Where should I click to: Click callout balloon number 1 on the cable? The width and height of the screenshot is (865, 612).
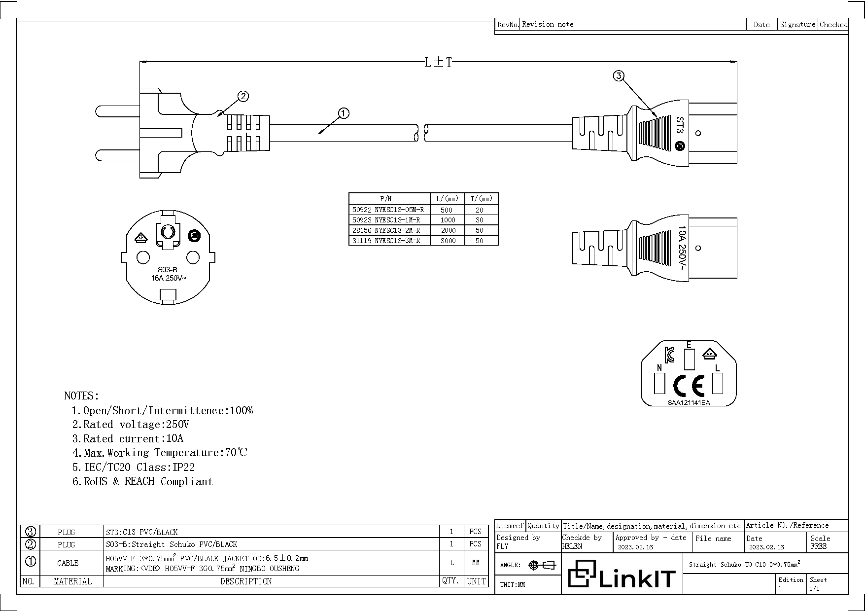click(x=344, y=113)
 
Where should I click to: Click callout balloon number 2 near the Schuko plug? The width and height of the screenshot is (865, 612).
click(x=243, y=96)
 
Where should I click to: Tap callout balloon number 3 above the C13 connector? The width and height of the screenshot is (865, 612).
click(x=619, y=75)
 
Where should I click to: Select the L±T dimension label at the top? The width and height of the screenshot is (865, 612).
click(x=438, y=62)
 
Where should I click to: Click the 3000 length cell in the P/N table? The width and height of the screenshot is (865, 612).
click(x=448, y=241)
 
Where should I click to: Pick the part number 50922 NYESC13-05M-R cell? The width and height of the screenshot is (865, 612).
click(x=388, y=210)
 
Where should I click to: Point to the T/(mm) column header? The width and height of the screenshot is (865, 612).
click(x=481, y=199)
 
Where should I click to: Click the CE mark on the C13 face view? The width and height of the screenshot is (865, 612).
click(x=689, y=386)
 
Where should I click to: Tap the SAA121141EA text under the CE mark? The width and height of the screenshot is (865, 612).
click(x=689, y=403)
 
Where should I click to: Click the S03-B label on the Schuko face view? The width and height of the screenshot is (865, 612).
click(x=168, y=270)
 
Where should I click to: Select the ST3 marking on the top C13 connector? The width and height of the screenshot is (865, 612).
click(x=680, y=125)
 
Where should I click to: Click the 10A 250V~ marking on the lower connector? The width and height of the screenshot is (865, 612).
click(x=682, y=248)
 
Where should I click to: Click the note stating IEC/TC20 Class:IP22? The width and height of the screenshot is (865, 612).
click(x=134, y=467)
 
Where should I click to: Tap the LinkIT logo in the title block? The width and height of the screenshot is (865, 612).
click(x=622, y=575)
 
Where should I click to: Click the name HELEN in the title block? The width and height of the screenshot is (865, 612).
click(x=572, y=546)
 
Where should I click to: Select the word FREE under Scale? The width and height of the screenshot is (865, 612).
click(x=818, y=546)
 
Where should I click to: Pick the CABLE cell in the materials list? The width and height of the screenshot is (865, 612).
click(x=68, y=563)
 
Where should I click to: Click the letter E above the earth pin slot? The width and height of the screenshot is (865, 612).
click(x=689, y=345)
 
